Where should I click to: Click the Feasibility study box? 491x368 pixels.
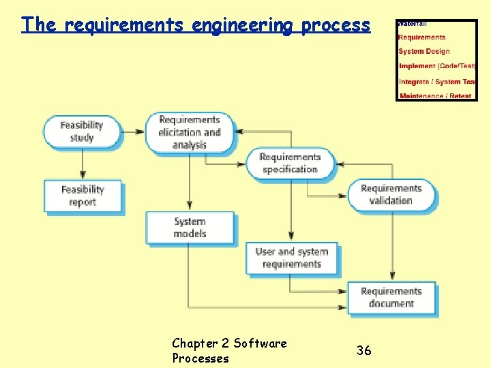click(82, 132)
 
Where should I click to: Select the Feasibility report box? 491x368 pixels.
click(83, 196)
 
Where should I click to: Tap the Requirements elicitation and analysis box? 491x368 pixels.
click(189, 132)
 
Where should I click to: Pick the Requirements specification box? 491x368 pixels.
click(290, 164)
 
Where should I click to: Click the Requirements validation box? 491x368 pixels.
click(391, 194)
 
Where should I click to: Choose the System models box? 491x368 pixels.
click(190, 228)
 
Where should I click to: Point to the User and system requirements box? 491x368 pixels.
click(291, 258)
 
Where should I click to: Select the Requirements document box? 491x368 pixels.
click(391, 297)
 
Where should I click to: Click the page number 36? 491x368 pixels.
click(364, 350)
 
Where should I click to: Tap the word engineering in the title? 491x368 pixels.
click(243, 25)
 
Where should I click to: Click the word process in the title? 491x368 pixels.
click(336, 25)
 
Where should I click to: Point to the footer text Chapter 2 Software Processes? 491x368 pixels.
click(229, 350)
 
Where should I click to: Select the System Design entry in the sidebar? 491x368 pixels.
click(424, 51)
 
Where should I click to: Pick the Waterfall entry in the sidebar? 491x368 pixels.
click(413, 24)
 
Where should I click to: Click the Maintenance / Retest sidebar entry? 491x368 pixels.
click(436, 96)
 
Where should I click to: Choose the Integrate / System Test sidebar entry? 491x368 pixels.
click(437, 82)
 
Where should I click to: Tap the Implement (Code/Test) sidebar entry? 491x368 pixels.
click(437, 66)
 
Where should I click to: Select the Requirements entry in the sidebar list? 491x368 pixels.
click(421, 37)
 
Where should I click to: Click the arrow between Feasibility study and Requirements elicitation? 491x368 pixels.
click(134, 131)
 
